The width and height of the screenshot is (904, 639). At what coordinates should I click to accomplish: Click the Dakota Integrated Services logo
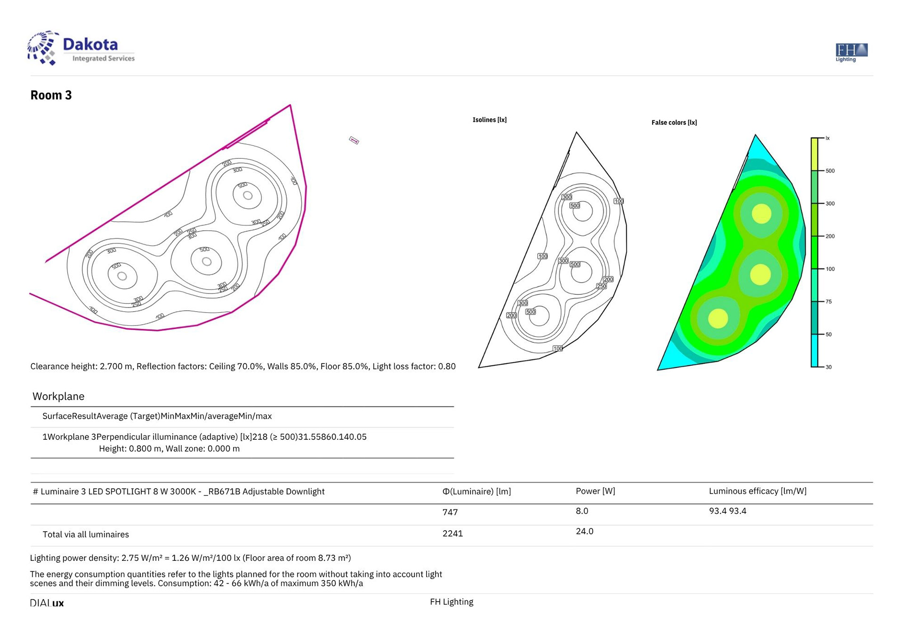(81, 49)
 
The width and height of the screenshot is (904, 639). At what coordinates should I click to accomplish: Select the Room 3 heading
(51, 95)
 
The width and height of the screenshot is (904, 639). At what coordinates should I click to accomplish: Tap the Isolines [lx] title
(489, 120)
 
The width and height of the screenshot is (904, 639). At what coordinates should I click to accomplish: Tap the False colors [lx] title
(674, 123)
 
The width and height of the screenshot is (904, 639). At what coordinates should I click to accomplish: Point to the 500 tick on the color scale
(830, 171)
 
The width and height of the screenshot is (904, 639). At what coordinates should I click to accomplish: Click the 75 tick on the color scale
(828, 302)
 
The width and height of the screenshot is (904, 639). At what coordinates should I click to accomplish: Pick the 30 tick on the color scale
(828, 367)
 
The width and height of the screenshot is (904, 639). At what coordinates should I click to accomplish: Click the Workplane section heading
(58, 396)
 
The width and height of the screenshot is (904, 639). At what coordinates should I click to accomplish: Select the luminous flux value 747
(450, 512)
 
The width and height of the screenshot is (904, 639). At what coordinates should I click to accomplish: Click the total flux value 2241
(452, 534)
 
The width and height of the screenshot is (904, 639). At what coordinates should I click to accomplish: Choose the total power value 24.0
(584, 532)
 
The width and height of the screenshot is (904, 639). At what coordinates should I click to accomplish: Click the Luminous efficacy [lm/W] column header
(757, 491)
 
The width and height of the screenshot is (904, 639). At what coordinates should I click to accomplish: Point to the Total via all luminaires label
(86, 534)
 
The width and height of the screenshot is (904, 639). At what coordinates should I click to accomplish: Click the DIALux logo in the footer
(47, 603)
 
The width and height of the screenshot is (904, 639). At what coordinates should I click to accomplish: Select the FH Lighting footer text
(451, 602)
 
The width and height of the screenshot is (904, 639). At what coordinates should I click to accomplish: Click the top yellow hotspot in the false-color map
(761, 214)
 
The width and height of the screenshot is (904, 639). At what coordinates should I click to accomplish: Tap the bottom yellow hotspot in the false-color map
(718, 318)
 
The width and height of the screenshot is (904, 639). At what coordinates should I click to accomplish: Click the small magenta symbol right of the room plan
(354, 140)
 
